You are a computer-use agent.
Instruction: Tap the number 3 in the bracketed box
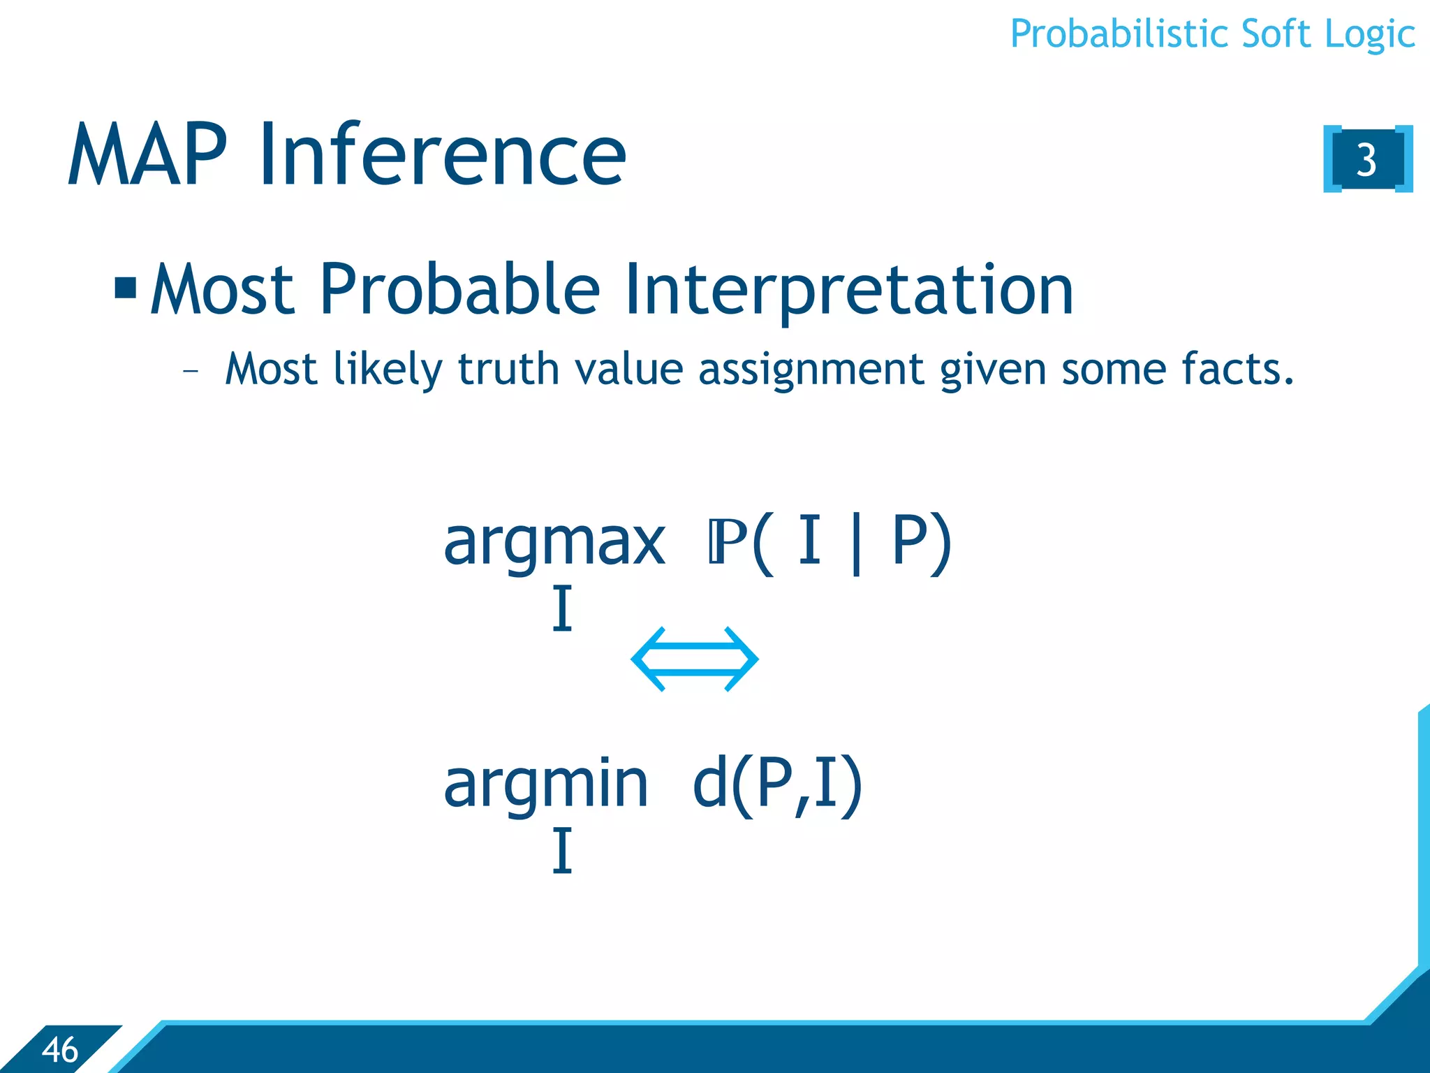coord(1366,160)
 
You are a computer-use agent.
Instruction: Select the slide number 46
coord(60,1050)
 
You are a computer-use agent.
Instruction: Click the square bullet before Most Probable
coord(126,287)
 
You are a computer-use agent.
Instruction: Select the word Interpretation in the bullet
coord(848,290)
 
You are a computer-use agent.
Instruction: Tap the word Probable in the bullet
coord(459,289)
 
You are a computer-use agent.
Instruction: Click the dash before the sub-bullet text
coord(190,371)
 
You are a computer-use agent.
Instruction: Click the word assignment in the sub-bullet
coord(811,370)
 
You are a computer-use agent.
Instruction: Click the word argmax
coord(554,543)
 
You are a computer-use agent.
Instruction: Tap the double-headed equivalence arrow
coord(694,659)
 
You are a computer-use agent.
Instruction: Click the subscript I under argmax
coord(562,609)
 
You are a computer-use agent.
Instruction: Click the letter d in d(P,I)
coord(710,784)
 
